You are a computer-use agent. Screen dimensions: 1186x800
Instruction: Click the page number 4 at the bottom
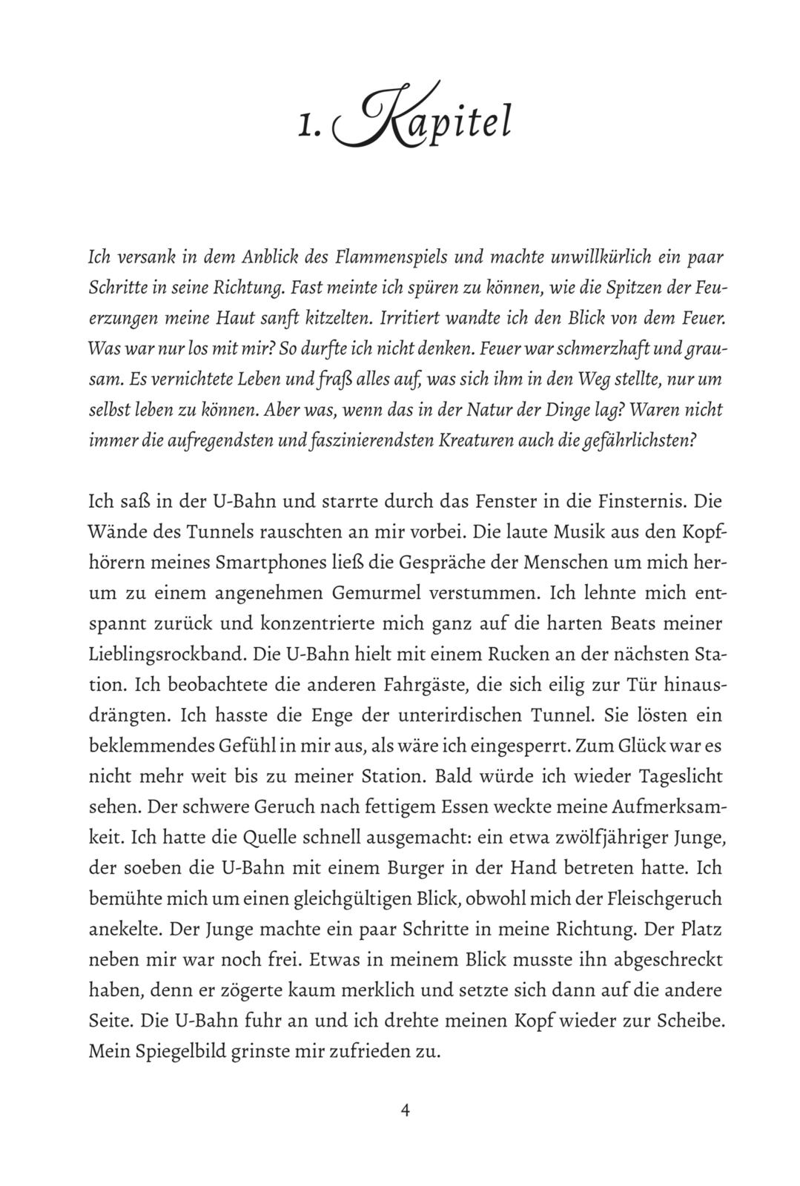coord(405,1110)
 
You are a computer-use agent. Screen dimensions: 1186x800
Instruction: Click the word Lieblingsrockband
coord(168,655)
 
